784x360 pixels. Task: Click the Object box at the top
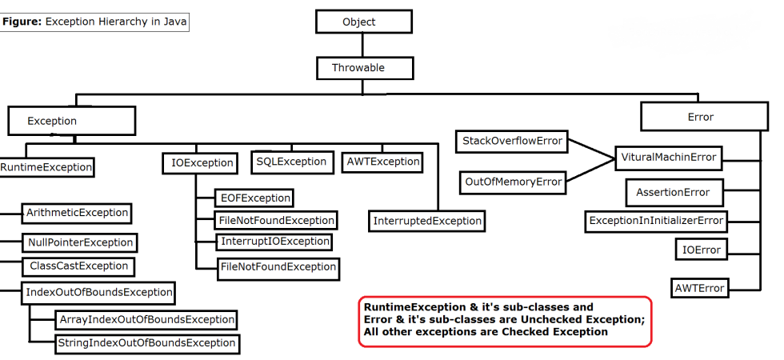pos(358,22)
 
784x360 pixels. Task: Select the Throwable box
pos(358,68)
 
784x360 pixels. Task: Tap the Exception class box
pos(71,121)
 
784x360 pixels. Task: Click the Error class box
pos(700,117)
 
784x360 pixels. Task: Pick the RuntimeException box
pos(46,167)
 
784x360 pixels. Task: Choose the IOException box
pos(202,163)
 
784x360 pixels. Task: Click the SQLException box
pos(291,162)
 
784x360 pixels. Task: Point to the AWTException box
pos(382,162)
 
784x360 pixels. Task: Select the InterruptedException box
pos(427,220)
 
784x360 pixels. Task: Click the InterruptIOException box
pos(274,241)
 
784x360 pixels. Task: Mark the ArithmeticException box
pos(77,213)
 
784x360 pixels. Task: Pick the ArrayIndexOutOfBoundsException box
pos(146,319)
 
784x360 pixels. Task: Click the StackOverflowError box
pos(512,142)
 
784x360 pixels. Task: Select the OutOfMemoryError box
pos(513,182)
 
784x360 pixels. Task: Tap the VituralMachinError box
pos(668,158)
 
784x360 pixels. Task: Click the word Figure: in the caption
pos(22,22)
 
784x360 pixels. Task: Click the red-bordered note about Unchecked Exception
pos(505,321)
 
